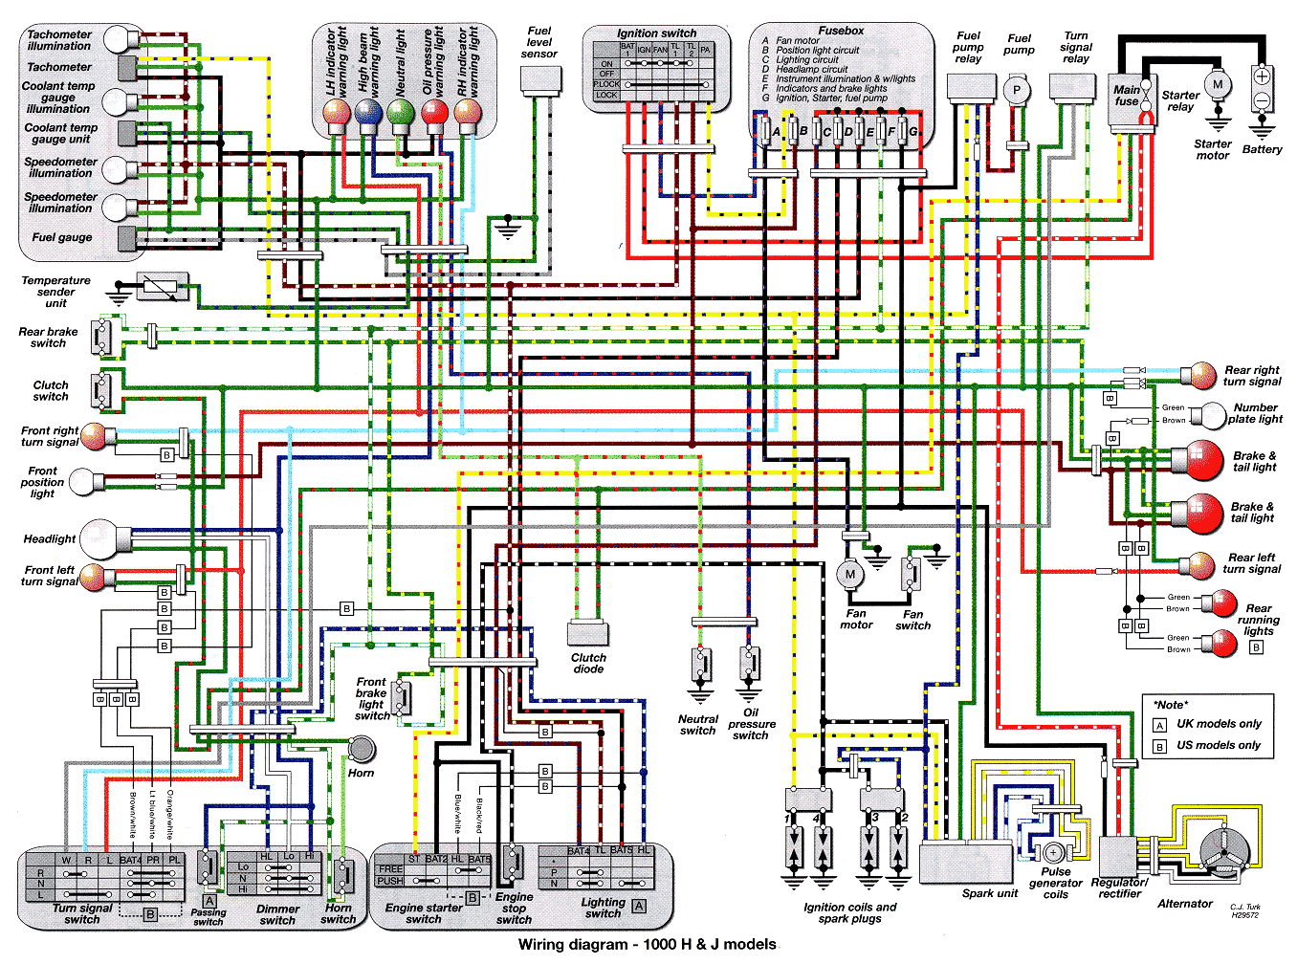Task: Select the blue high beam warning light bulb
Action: click(x=368, y=114)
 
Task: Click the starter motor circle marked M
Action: click(x=1217, y=84)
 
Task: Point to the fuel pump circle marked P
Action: click(x=1016, y=91)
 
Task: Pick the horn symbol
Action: click(x=362, y=749)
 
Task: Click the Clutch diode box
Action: click(x=588, y=633)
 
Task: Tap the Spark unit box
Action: click(x=967, y=864)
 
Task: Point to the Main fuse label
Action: click(x=1126, y=95)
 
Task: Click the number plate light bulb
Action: click(x=1213, y=415)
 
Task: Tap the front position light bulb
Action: click(x=84, y=482)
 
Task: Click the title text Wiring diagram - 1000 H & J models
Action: click(x=647, y=945)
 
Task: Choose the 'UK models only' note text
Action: click(x=1218, y=724)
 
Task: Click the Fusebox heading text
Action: click(x=841, y=31)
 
